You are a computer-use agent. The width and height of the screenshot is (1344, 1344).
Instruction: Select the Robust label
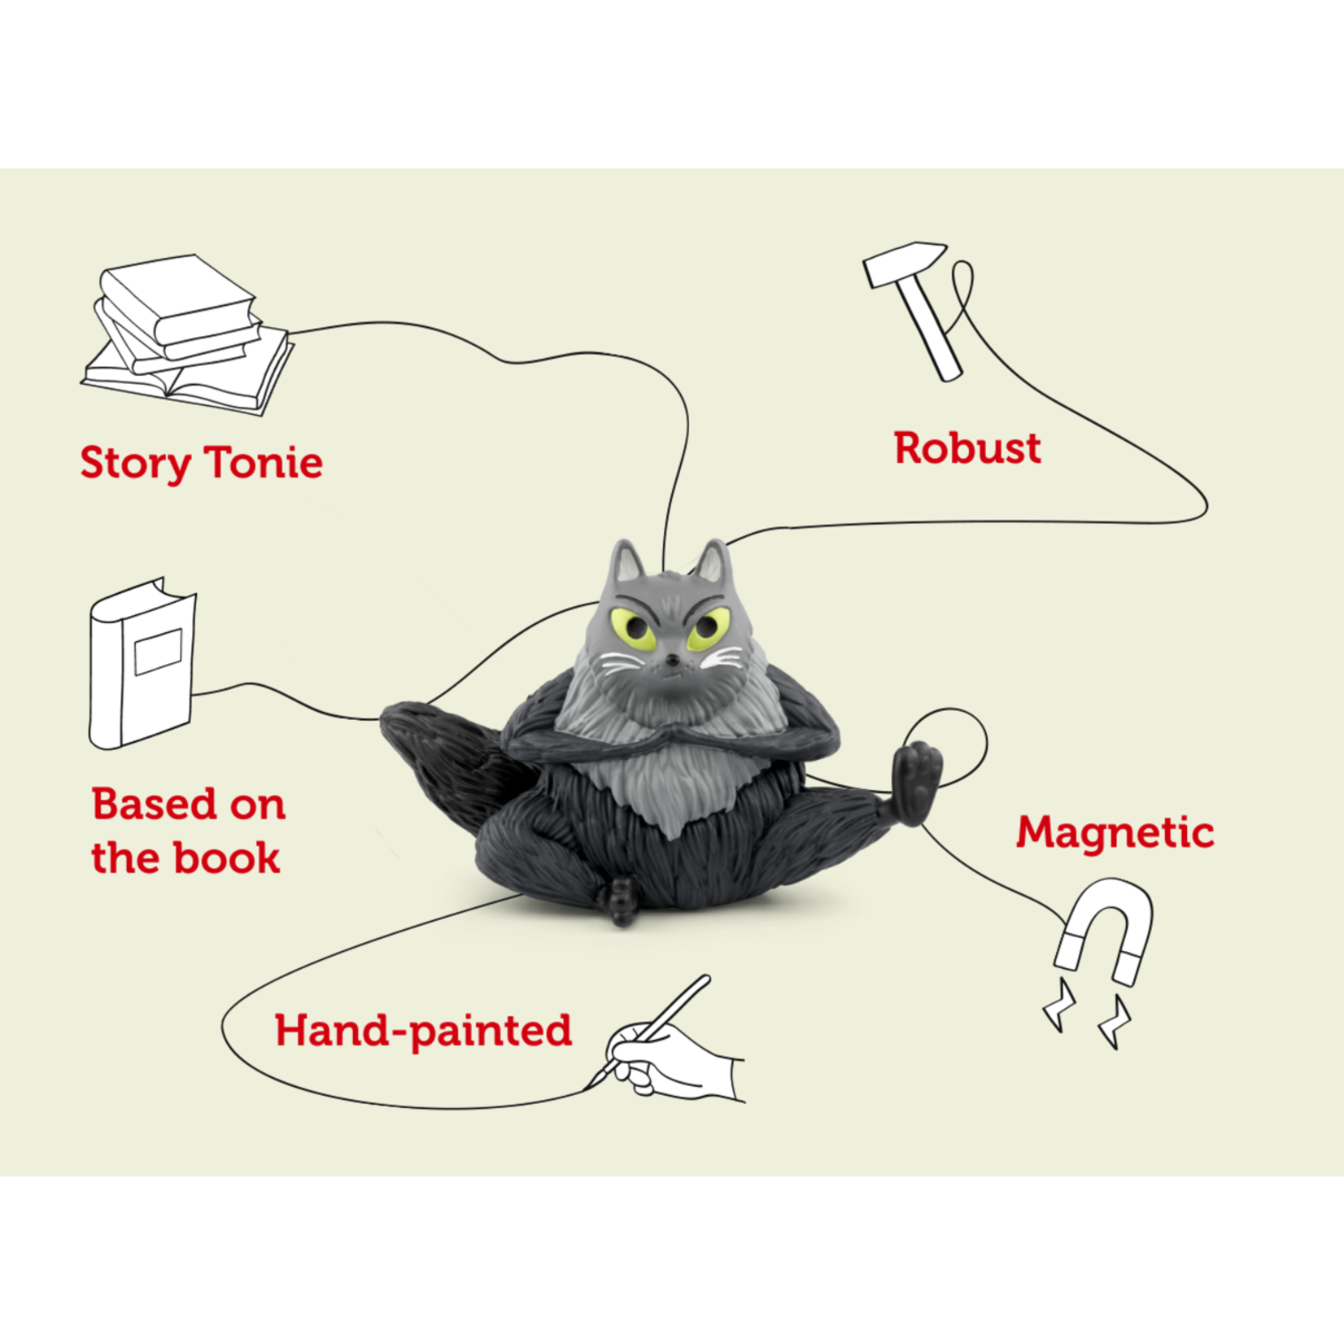point(967,448)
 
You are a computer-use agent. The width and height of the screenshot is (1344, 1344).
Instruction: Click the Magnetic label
point(1115,832)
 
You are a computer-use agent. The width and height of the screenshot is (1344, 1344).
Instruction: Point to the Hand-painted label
point(423,1031)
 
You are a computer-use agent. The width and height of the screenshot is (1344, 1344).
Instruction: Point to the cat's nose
point(672,658)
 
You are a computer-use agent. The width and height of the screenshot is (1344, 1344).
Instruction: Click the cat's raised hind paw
point(917,777)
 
